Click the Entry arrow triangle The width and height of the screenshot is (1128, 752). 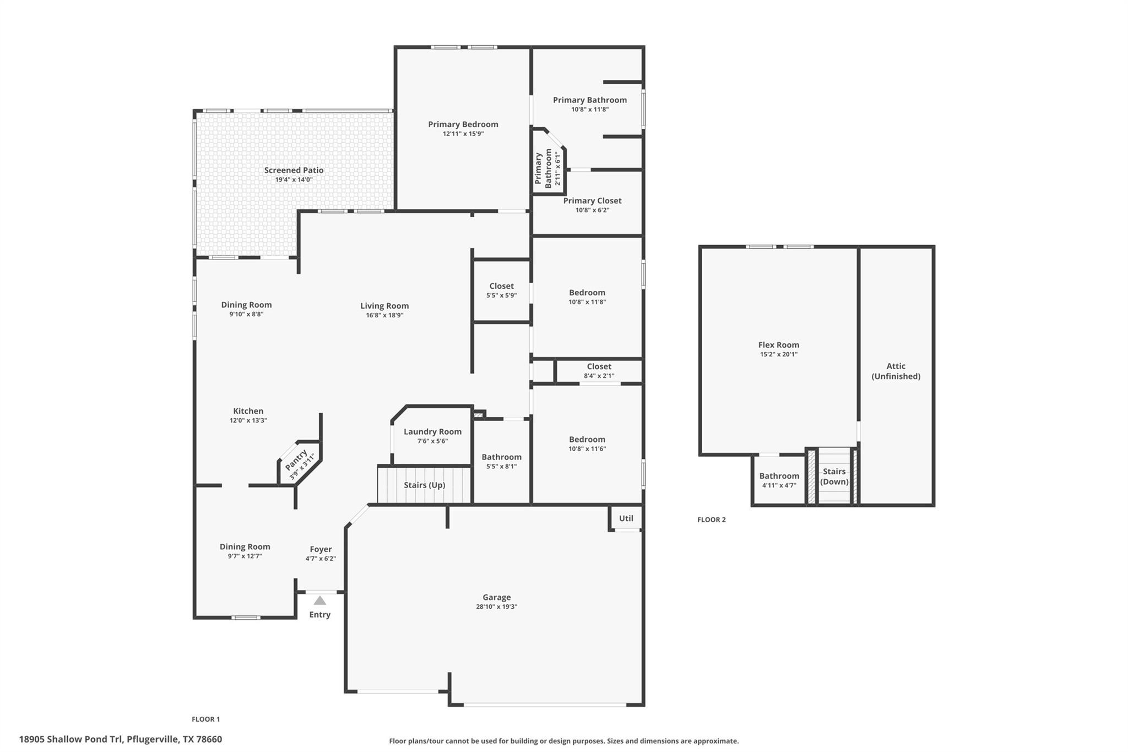coord(320,600)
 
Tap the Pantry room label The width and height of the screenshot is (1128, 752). coord(296,457)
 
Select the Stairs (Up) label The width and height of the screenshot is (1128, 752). coord(424,485)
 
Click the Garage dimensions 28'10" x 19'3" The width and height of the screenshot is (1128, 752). coord(497,607)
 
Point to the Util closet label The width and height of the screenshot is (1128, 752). coord(626,518)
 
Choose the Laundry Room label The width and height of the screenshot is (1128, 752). coord(432,431)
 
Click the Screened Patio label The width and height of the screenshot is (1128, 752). coord(294,170)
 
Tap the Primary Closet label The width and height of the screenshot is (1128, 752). coord(592,201)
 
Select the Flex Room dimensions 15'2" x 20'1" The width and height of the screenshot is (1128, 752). coord(778,354)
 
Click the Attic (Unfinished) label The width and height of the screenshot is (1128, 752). coord(896,371)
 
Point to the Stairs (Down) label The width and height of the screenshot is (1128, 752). coord(834,476)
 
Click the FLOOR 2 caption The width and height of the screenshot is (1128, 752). coord(712,520)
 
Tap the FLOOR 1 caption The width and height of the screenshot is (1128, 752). coord(205,719)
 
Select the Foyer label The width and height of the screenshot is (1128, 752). coord(321,549)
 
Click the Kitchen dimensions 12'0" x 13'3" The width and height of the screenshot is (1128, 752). coord(248,420)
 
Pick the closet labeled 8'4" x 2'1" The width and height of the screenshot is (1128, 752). coord(599,371)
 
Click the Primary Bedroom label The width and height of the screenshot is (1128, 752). coord(463,124)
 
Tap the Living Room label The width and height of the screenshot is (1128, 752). coord(384,306)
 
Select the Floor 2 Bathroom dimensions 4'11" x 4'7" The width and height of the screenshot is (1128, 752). coord(779,485)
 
